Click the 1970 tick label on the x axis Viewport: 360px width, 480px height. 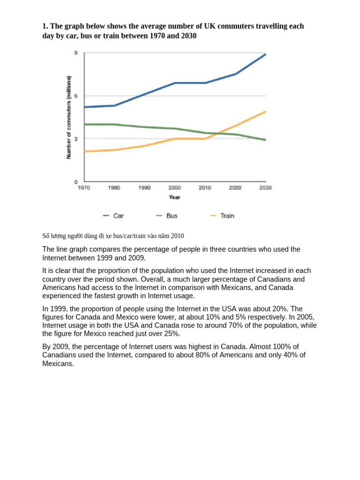coord(84,188)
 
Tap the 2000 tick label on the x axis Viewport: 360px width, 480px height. coord(174,188)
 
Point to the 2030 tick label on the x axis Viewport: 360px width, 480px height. coord(265,188)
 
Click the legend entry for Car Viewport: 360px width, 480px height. coord(113,216)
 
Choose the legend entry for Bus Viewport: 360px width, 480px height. coord(166,216)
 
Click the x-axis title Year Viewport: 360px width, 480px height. coord(174,197)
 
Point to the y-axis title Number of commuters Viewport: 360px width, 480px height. coord(69,117)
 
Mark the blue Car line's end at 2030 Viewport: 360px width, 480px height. coord(266,54)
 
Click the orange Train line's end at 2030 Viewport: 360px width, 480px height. coord(266,112)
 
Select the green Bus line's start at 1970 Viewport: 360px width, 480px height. coord(84,124)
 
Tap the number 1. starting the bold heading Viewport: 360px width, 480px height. coord(45,26)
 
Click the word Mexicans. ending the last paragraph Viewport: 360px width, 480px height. coord(58,364)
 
